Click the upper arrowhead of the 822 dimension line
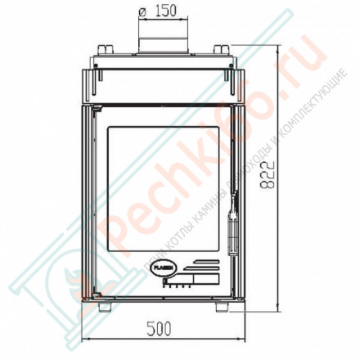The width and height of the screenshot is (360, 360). tap(282, 49)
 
